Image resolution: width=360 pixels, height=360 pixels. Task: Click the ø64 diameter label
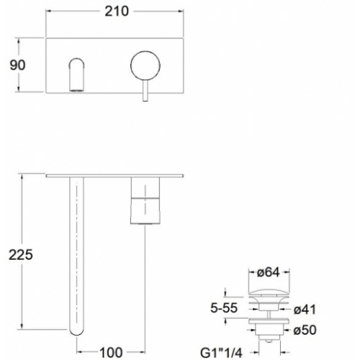(269, 272)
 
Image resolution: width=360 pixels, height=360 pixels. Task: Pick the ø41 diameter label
(309, 310)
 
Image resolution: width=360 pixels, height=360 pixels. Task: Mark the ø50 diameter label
(309, 330)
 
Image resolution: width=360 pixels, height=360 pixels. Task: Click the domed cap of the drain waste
(268, 292)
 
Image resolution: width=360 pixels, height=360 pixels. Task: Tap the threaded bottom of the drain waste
(268, 336)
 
